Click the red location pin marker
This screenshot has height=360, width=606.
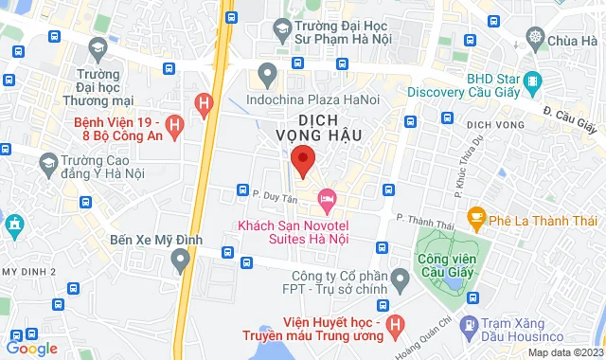[x=302, y=161]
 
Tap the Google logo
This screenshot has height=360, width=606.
[x=30, y=349]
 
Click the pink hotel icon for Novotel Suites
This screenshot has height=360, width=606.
[x=328, y=199]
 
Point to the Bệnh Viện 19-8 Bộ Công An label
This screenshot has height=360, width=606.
[x=120, y=131]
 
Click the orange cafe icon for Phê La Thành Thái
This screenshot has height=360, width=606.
[x=475, y=216]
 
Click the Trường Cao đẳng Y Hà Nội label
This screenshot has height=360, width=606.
[x=98, y=168]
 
